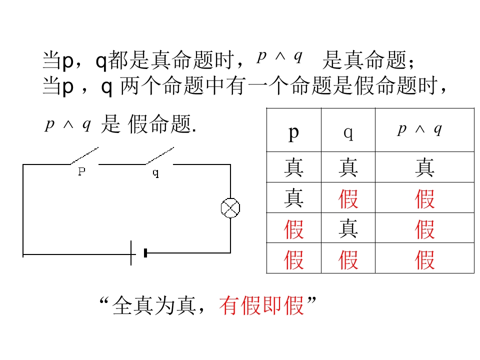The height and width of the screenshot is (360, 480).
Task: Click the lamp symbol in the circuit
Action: click(x=230, y=208)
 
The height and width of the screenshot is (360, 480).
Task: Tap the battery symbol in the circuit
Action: click(x=138, y=253)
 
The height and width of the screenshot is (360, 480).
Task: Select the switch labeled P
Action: click(x=84, y=156)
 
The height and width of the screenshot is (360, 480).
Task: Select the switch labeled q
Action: click(x=159, y=156)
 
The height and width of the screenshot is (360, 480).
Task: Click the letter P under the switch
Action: click(x=81, y=171)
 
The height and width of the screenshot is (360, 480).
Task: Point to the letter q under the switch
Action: click(x=156, y=173)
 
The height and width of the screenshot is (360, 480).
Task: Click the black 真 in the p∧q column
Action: click(x=424, y=167)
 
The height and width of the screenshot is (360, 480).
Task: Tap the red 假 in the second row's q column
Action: click(x=348, y=198)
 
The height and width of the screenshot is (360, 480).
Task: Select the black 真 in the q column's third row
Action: click(x=348, y=228)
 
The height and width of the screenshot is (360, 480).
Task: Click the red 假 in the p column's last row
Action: click(x=293, y=260)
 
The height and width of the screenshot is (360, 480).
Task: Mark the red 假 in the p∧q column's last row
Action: click(x=424, y=260)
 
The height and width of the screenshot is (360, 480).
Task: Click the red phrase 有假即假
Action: click(x=261, y=305)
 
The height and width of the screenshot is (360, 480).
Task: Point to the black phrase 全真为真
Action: click(x=154, y=305)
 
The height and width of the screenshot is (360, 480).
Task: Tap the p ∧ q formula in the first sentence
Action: click(x=280, y=56)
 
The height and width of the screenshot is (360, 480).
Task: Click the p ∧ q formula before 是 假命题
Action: click(x=68, y=124)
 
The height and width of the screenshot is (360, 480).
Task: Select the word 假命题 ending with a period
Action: click(x=161, y=124)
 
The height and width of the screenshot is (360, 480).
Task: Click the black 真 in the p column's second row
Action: click(x=293, y=198)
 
